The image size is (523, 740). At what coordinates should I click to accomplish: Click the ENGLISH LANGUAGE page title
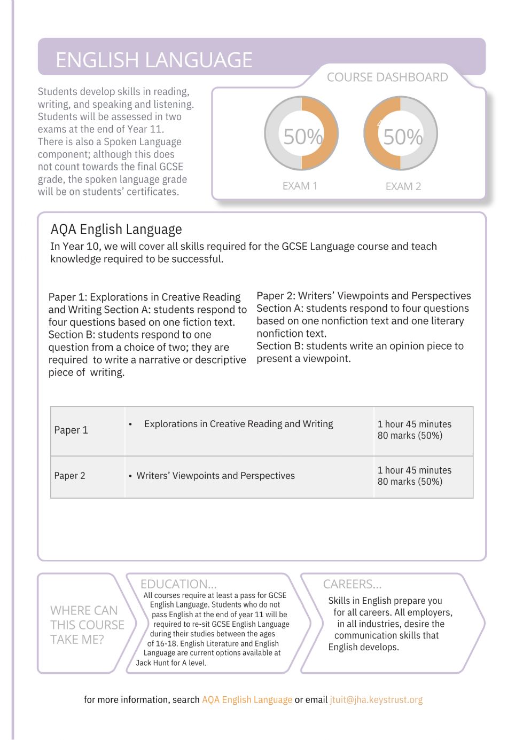[x=154, y=60]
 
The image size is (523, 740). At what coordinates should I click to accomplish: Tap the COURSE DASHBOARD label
[x=387, y=77]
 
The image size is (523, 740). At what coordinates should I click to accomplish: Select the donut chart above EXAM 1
[x=302, y=133]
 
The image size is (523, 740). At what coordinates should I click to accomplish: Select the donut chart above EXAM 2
[x=401, y=133]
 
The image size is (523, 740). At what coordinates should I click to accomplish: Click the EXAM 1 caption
[x=300, y=186]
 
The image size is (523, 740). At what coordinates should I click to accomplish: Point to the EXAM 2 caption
[x=403, y=186]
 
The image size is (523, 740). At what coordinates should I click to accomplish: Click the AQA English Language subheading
[x=116, y=230]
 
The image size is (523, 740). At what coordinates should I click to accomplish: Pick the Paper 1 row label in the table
[x=71, y=430]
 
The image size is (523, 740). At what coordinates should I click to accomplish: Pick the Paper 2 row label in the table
[x=69, y=476]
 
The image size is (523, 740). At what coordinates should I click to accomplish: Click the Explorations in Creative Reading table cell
[x=238, y=424]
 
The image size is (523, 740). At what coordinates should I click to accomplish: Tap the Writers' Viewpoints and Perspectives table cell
[x=215, y=476]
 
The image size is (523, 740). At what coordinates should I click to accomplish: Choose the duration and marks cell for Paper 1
[x=415, y=430]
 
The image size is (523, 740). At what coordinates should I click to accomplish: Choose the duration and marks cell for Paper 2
[x=415, y=476]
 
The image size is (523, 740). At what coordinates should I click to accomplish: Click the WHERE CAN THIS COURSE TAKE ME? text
[x=87, y=625]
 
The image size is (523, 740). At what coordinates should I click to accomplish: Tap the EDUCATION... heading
[x=178, y=584]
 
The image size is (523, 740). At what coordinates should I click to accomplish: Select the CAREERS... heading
[x=352, y=584]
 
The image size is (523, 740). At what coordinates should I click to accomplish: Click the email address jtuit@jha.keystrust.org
[x=376, y=700]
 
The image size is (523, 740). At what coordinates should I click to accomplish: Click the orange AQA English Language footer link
[x=247, y=700]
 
